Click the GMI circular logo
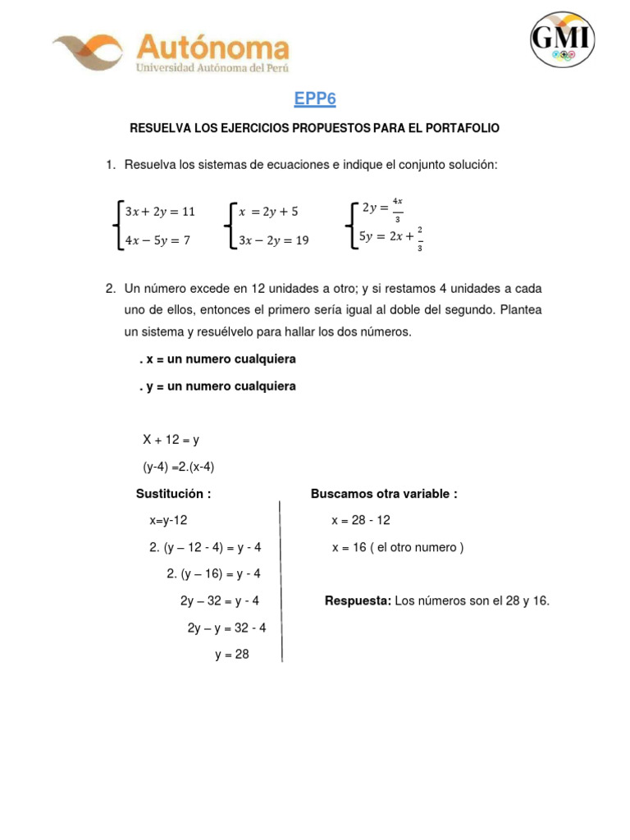click(x=562, y=39)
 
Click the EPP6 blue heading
click(x=315, y=99)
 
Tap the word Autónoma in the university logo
click(x=212, y=48)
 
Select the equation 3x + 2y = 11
click(x=160, y=211)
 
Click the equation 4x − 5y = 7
click(x=157, y=240)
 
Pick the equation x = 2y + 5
click(x=268, y=211)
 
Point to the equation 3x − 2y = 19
click(x=274, y=240)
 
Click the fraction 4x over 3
click(x=397, y=209)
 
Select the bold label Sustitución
click(x=173, y=493)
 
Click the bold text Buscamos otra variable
click(x=384, y=493)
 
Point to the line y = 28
click(x=232, y=655)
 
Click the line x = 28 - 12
click(x=361, y=520)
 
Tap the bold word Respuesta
click(x=358, y=600)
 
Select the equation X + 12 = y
click(x=171, y=440)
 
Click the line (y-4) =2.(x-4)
click(x=179, y=467)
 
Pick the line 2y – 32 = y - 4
click(x=220, y=600)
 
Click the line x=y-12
click(x=168, y=520)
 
